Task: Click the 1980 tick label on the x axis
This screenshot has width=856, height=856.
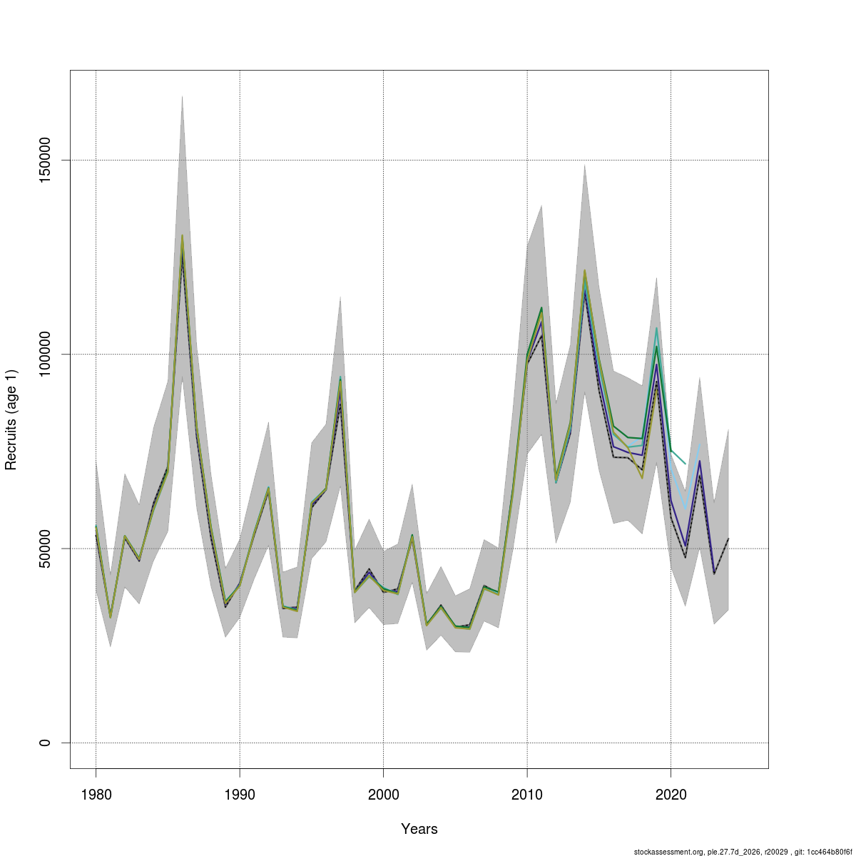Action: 96,795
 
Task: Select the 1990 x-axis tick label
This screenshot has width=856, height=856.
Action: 240,795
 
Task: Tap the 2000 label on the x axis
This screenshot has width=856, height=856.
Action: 383,795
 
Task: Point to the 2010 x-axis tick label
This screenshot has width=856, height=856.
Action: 527,795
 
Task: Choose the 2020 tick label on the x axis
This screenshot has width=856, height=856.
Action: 671,795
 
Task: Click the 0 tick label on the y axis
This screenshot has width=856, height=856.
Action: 45,743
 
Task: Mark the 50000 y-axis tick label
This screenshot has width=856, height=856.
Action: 45,549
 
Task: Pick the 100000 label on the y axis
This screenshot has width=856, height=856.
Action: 45,354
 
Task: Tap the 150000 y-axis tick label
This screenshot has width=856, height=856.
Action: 45,160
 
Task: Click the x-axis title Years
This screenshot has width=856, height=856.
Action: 419,829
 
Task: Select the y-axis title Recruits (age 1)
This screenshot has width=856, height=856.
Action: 11,419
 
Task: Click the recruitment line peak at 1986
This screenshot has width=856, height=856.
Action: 182,236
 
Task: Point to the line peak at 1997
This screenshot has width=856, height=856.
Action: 340,378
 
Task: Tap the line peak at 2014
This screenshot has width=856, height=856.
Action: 585,271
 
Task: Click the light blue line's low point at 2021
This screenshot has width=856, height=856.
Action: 686,509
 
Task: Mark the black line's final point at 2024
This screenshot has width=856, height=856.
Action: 728,539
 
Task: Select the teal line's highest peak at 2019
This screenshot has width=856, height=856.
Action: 656,328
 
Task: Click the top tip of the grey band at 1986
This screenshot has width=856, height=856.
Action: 182,96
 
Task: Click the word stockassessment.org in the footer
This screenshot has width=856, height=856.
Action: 668,852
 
